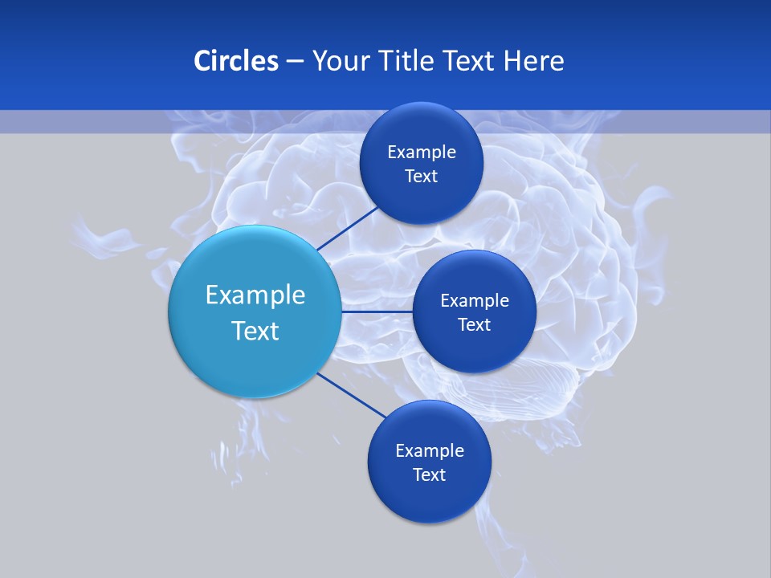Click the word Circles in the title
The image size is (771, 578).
coord(235,61)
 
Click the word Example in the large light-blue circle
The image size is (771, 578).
coord(255,295)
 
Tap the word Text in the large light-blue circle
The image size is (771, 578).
coord(255,331)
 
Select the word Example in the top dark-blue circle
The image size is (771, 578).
coord(422,153)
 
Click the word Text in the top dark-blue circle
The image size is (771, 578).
coord(422,177)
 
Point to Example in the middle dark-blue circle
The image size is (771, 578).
coord(475,301)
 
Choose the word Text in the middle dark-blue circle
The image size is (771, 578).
coord(475,325)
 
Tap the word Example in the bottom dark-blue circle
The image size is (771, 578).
coord(430,451)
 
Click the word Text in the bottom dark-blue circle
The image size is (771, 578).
coord(430,475)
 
